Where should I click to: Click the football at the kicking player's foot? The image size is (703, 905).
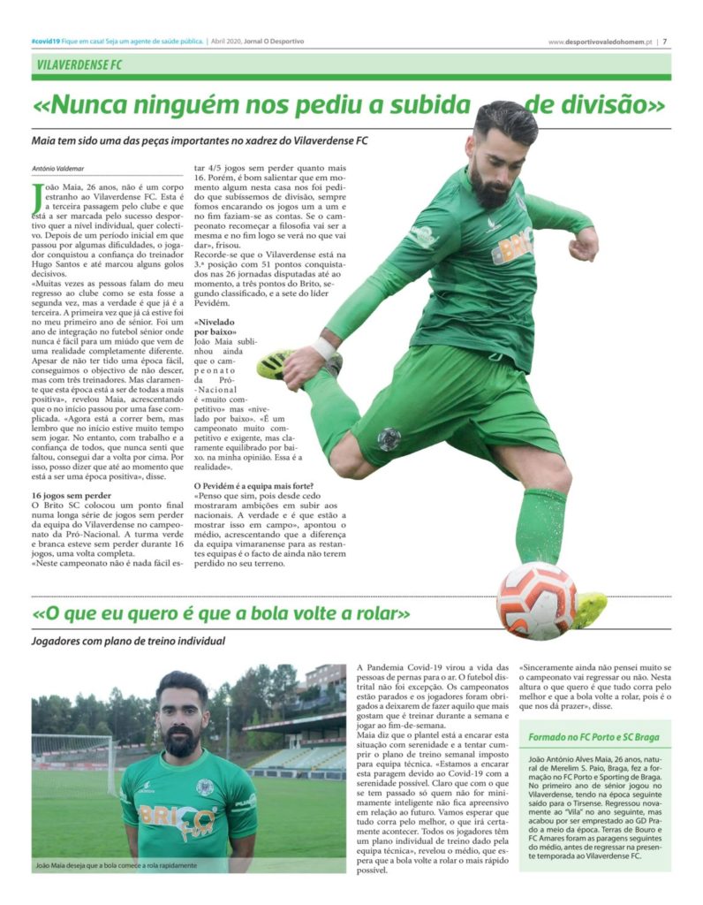(x=536, y=600)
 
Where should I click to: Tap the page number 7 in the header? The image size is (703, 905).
(x=665, y=41)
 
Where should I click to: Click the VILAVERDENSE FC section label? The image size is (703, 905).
(x=79, y=65)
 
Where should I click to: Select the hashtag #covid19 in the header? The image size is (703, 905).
(x=43, y=41)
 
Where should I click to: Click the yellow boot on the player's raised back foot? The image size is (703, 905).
(x=276, y=363)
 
